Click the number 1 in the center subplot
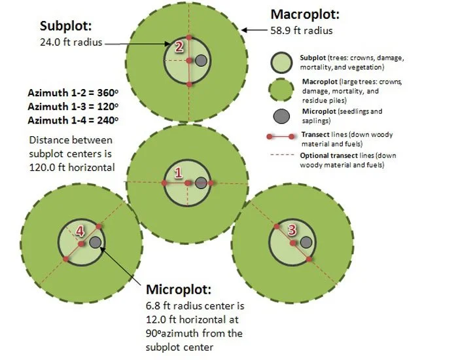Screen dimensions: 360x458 click(x=177, y=172)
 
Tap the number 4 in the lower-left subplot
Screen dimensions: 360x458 click(x=80, y=230)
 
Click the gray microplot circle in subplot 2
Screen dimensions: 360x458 click(x=202, y=60)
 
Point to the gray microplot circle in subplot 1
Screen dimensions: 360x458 click(x=201, y=183)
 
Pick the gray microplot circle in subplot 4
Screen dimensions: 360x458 click(x=95, y=243)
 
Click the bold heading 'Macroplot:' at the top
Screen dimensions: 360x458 click(x=305, y=14)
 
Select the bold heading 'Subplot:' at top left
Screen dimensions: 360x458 click(x=66, y=26)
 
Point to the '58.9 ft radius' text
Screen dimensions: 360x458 click(x=301, y=30)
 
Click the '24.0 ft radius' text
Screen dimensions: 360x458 click(x=70, y=41)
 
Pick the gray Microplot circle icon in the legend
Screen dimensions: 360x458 click(x=282, y=116)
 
